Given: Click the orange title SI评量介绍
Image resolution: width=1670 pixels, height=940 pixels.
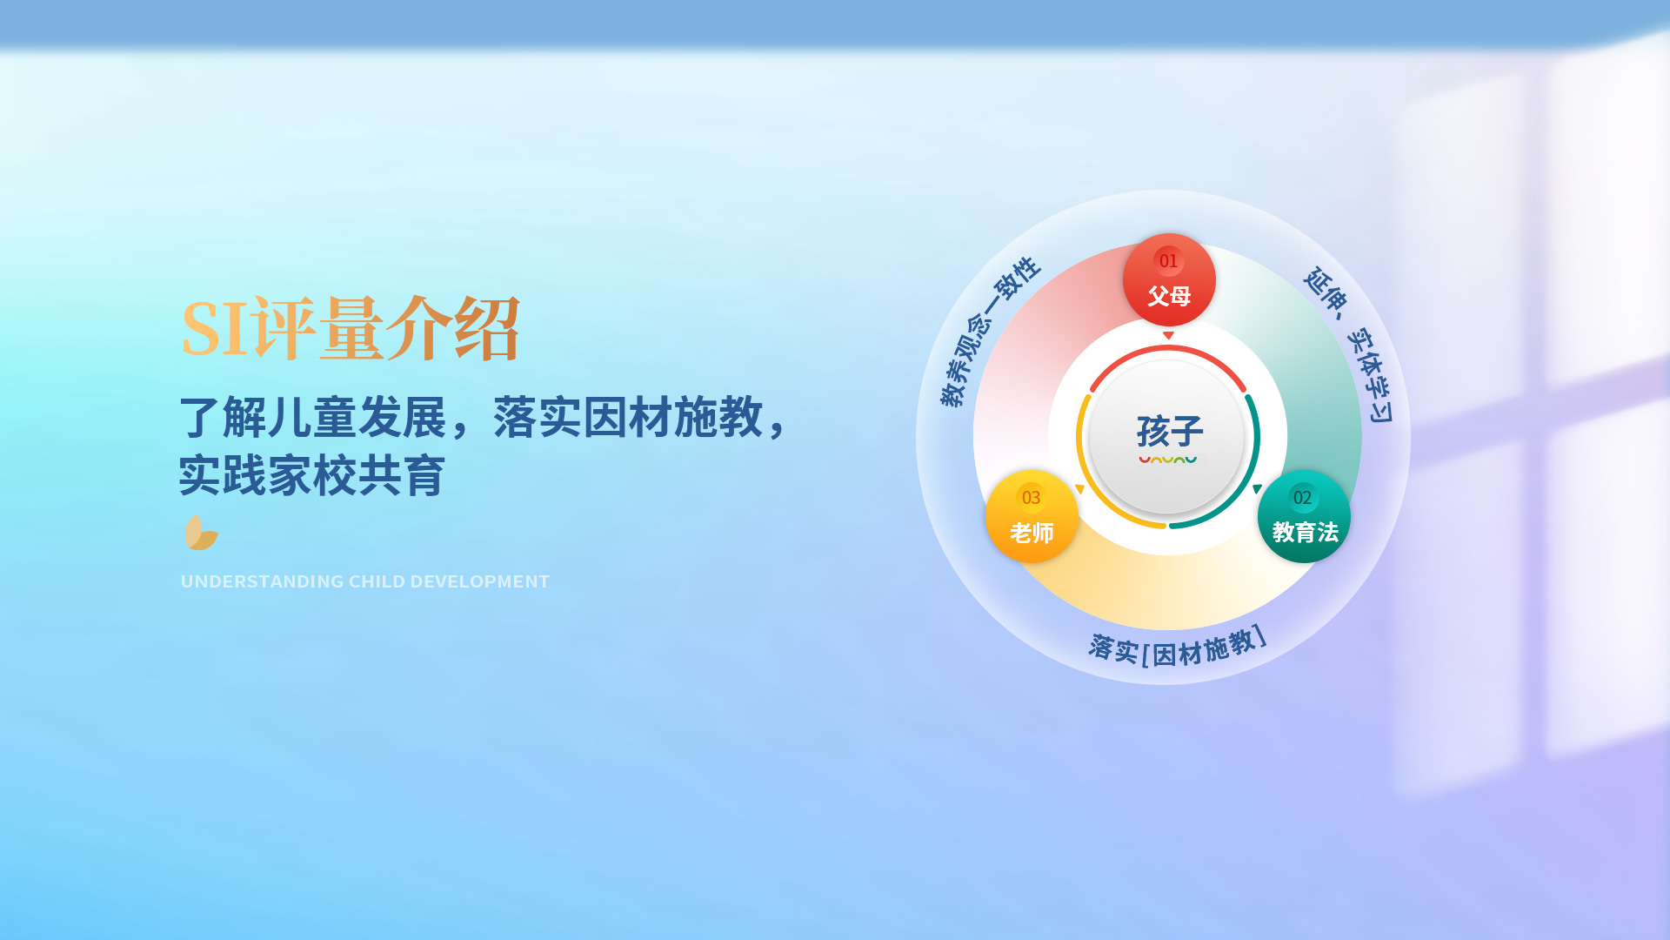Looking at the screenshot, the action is (351, 328).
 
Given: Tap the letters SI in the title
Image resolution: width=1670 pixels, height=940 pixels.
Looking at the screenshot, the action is (215, 329).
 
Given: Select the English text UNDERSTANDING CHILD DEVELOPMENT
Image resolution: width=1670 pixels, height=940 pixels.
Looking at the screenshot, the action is (365, 581).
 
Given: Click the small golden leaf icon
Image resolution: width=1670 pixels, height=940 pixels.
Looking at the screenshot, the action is (201, 533).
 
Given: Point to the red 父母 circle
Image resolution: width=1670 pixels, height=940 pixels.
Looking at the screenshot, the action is (1169, 279).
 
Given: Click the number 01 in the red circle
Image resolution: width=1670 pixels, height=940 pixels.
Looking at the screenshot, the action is (1168, 261).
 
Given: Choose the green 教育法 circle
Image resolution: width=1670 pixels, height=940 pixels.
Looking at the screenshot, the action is (1304, 516).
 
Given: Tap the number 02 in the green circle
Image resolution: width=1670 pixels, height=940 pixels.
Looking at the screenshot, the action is (1302, 498).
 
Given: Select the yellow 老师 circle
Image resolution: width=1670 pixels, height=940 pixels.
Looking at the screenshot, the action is (1032, 516).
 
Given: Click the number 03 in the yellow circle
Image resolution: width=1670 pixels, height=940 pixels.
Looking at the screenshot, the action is (1031, 498).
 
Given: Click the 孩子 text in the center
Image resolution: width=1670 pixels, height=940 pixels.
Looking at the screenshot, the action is (1170, 431).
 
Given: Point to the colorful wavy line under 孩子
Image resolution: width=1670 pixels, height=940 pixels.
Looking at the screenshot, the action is (1168, 459).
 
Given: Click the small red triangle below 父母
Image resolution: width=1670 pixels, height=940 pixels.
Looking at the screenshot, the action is (1168, 335).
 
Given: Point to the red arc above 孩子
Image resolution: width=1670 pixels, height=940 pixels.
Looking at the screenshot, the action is (1168, 348).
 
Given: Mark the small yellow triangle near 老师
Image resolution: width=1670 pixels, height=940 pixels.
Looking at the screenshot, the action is (1079, 490).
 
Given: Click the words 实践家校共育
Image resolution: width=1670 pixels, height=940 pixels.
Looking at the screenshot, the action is (312, 475).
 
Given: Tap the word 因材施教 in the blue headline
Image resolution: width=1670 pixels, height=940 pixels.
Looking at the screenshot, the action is (673, 417).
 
